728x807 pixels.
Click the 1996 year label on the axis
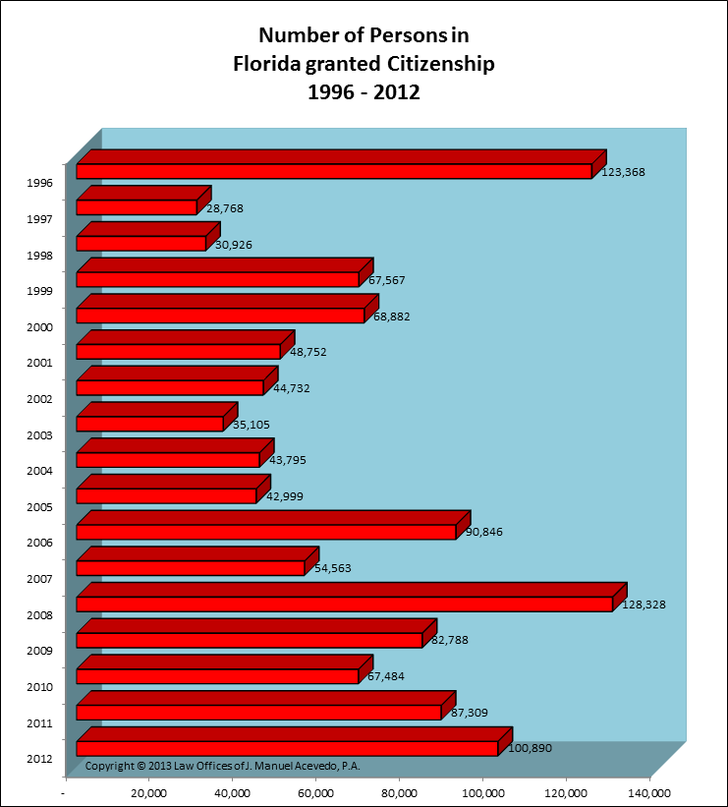[41, 183]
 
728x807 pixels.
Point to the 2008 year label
[41, 615]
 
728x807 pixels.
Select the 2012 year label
[41, 759]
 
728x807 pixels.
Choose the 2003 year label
[41, 434]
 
